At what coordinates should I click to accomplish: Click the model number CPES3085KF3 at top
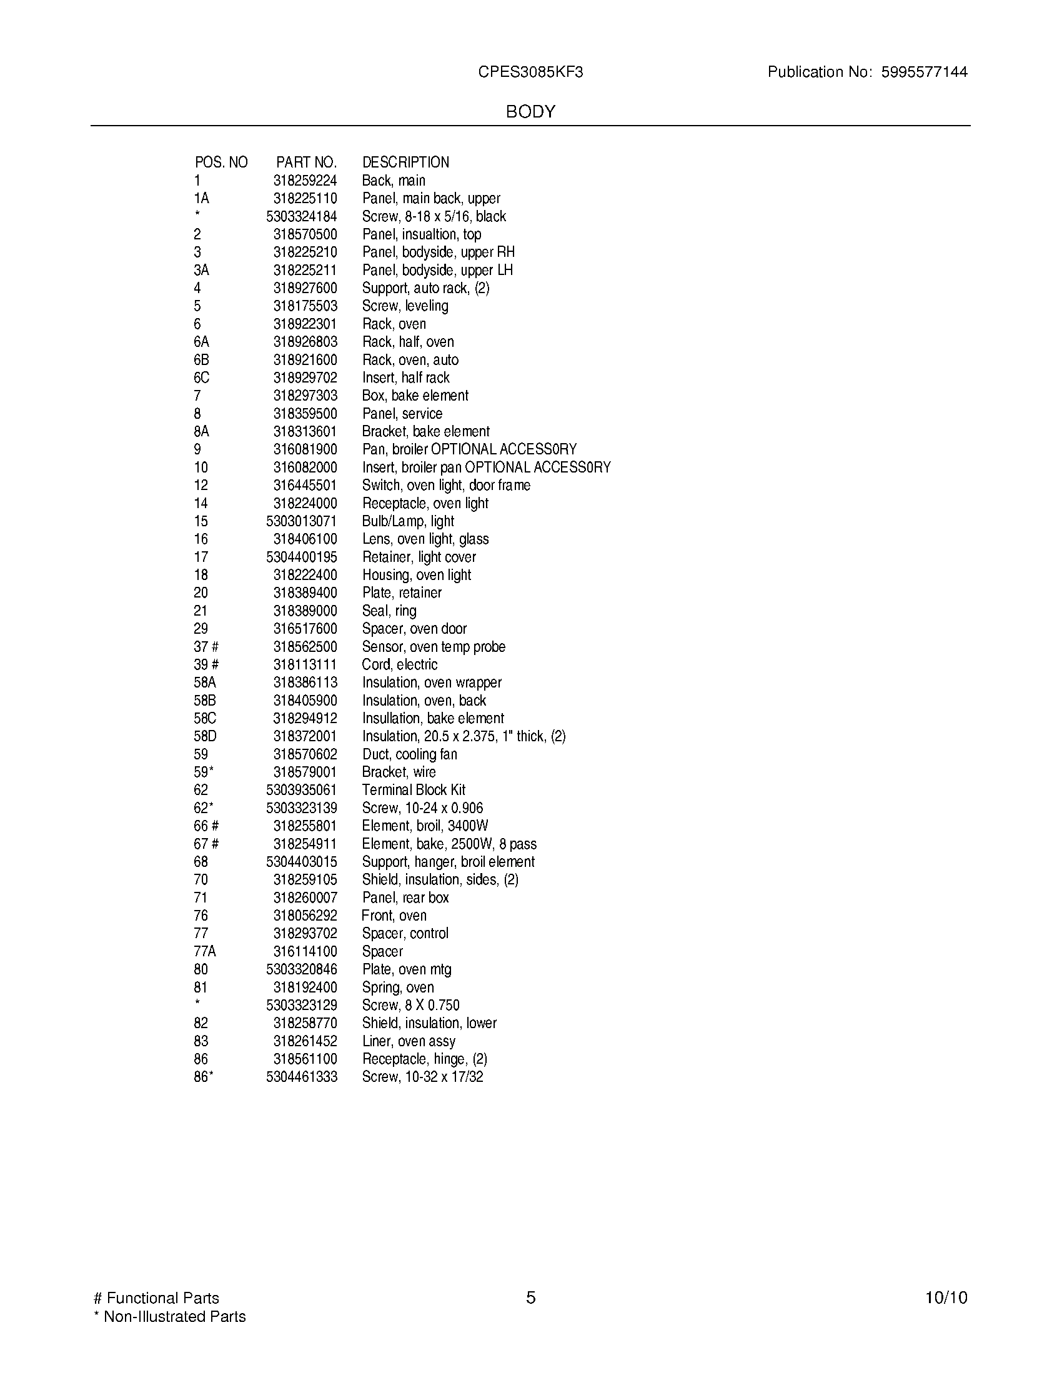tap(530, 72)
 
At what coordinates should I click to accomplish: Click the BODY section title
tap(530, 112)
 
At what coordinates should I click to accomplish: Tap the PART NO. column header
tap(306, 162)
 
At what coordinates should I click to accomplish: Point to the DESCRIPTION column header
tap(406, 162)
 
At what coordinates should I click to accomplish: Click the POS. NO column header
tap(221, 162)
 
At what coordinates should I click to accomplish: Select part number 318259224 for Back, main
tap(305, 181)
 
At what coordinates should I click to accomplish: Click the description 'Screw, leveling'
tap(405, 306)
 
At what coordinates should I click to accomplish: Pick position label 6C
tap(201, 377)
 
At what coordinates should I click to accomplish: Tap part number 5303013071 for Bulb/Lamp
tap(301, 521)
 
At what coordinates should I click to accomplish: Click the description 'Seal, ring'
tap(389, 611)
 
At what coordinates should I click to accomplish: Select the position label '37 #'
tap(206, 647)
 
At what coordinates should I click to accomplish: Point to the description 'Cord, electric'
tap(400, 665)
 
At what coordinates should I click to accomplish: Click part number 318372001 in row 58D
tap(305, 737)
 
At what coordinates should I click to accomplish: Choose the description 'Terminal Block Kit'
tap(414, 790)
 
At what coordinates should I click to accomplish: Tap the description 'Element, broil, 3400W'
tap(425, 826)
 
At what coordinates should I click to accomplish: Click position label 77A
tap(204, 951)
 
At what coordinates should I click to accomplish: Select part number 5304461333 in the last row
tap(301, 1077)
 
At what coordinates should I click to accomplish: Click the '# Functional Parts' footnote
tap(156, 1298)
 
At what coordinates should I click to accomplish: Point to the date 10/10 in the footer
tap(946, 1297)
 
